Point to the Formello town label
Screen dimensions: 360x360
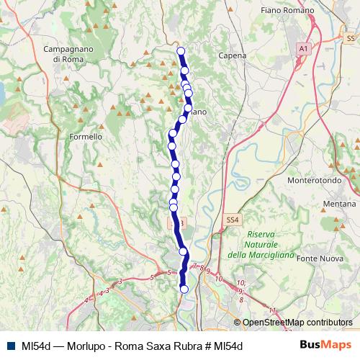click(85, 136)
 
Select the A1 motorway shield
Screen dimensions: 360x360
click(303, 48)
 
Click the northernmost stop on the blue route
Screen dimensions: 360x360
click(181, 51)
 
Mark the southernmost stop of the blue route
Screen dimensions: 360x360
click(184, 289)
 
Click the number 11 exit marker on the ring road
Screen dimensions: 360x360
click(271, 310)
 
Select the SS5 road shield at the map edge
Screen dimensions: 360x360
click(351, 37)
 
